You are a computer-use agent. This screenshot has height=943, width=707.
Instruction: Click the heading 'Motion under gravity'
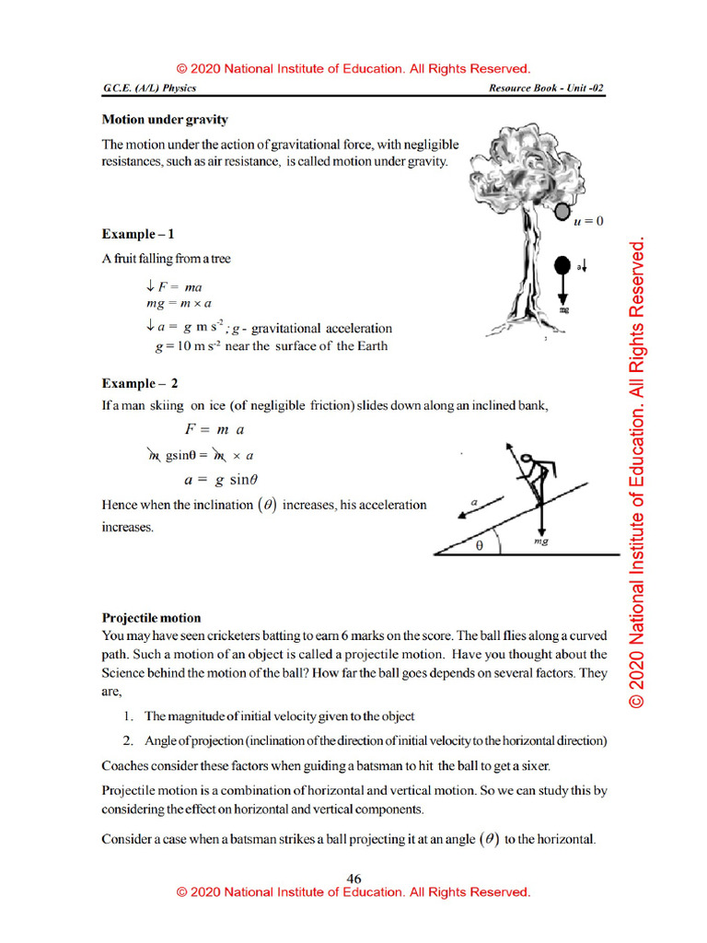tap(165, 120)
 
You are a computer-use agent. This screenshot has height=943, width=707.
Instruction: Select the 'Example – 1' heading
tap(138, 235)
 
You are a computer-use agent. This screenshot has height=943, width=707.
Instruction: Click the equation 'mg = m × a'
tap(180, 303)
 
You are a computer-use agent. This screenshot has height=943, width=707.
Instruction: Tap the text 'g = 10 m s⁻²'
tap(189, 346)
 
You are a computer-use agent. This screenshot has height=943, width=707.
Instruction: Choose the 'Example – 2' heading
tap(140, 384)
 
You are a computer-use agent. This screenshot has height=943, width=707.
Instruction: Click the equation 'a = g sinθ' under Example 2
tap(221, 480)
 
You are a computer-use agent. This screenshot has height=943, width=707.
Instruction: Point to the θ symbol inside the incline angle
tap(479, 545)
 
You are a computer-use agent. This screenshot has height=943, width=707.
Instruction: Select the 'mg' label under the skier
tap(541, 543)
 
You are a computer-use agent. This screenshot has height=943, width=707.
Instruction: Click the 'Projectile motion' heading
tap(151, 618)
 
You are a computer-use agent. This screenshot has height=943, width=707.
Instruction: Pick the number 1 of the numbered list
tap(127, 716)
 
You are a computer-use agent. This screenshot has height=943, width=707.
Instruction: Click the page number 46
tap(353, 879)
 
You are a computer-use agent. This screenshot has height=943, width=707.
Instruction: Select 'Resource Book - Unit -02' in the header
tap(546, 88)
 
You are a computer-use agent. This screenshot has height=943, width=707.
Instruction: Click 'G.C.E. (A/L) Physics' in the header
tap(149, 88)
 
